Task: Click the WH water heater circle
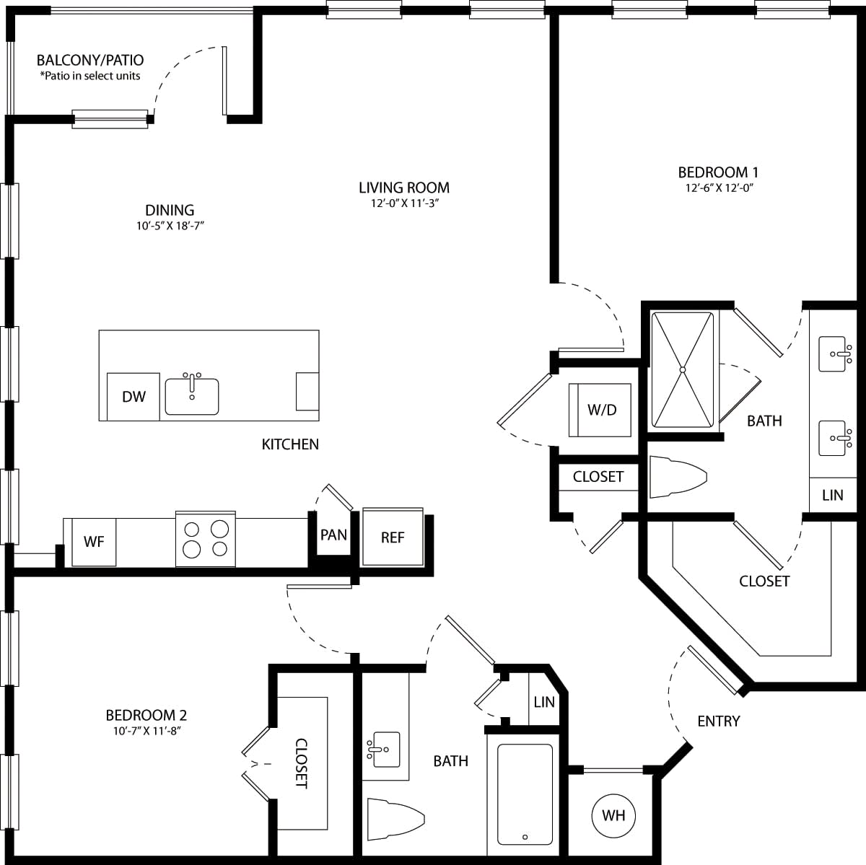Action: tap(613, 816)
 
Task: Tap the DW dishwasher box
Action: tap(134, 396)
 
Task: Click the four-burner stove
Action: tap(206, 539)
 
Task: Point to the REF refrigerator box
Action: tap(393, 537)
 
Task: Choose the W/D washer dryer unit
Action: tap(601, 410)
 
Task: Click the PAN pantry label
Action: tap(333, 535)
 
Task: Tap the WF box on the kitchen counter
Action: tap(94, 541)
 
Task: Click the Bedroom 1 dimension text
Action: tap(717, 188)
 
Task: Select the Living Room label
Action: tap(404, 188)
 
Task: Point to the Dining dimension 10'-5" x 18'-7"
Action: tap(170, 225)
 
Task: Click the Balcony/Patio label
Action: tap(90, 61)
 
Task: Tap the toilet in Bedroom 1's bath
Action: tap(677, 477)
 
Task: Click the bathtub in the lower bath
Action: tap(525, 794)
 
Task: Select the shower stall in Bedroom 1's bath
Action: tap(682, 369)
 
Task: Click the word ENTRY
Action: tap(718, 721)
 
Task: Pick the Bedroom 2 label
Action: tap(146, 715)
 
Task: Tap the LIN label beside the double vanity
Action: tap(832, 495)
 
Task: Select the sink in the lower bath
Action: tap(383, 750)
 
